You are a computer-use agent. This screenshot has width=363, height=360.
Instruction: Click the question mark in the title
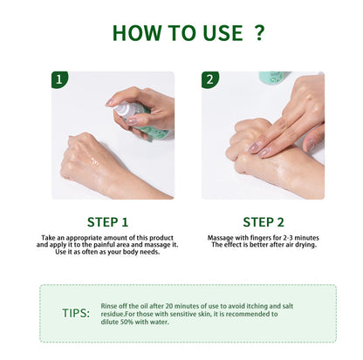(x=258, y=32)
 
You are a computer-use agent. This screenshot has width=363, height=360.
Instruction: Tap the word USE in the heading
(x=217, y=32)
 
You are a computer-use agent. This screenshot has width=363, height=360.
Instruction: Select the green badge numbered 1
(x=60, y=80)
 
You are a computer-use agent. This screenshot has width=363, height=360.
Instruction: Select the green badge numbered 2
(x=210, y=80)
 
